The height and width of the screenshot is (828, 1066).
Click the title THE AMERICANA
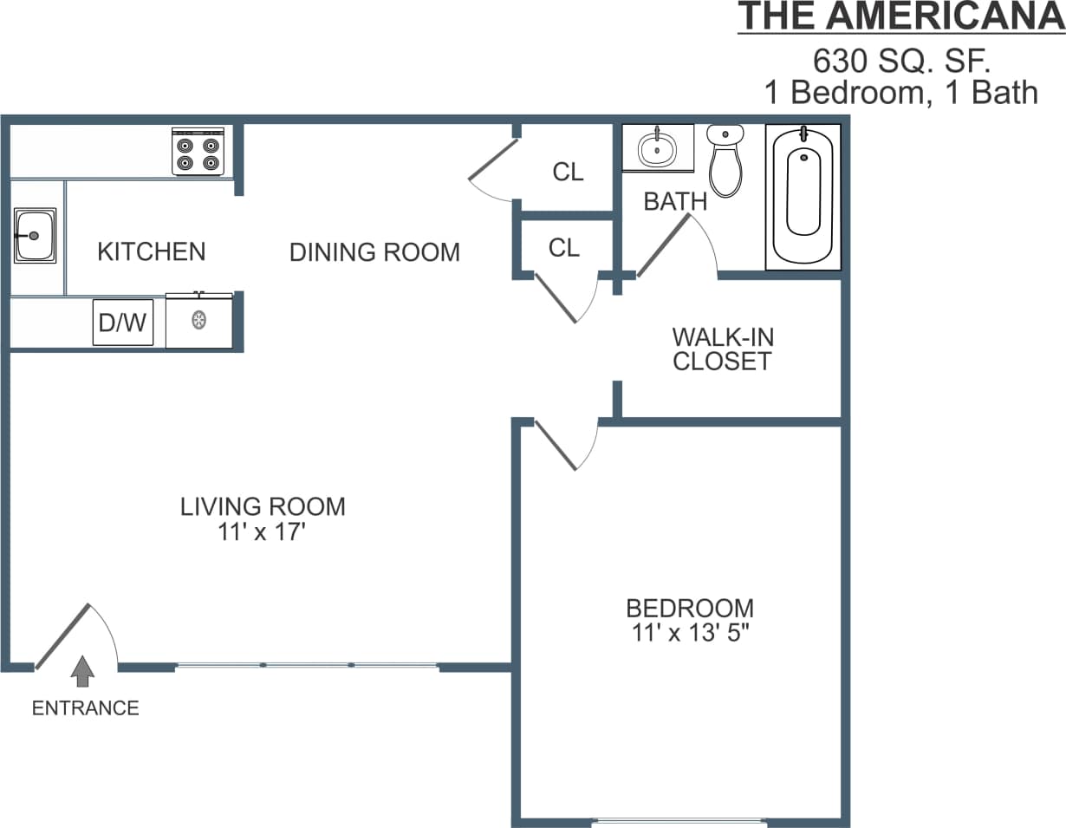pyautogui.click(x=900, y=17)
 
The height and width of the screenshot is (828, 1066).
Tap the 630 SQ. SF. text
pyautogui.click(x=901, y=61)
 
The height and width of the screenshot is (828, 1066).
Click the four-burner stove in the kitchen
pyautogui.click(x=198, y=151)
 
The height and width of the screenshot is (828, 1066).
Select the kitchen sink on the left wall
pyautogui.click(x=35, y=236)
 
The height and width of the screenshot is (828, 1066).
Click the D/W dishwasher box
pyautogui.click(x=123, y=323)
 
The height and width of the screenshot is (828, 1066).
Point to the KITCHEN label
pyautogui.click(x=152, y=252)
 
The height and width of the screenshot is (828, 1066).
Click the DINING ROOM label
pyautogui.click(x=374, y=252)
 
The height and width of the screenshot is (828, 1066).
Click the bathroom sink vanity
pyautogui.click(x=658, y=148)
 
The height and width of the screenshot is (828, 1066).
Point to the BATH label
pyautogui.click(x=675, y=202)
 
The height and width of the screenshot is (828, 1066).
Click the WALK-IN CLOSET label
pyautogui.click(x=722, y=349)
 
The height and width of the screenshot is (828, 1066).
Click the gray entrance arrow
pyautogui.click(x=82, y=671)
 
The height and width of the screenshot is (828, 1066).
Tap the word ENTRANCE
pyautogui.click(x=85, y=708)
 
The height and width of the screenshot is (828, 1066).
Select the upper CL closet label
pyautogui.click(x=568, y=172)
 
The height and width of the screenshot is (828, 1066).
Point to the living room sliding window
pyautogui.click(x=307, y=665)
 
